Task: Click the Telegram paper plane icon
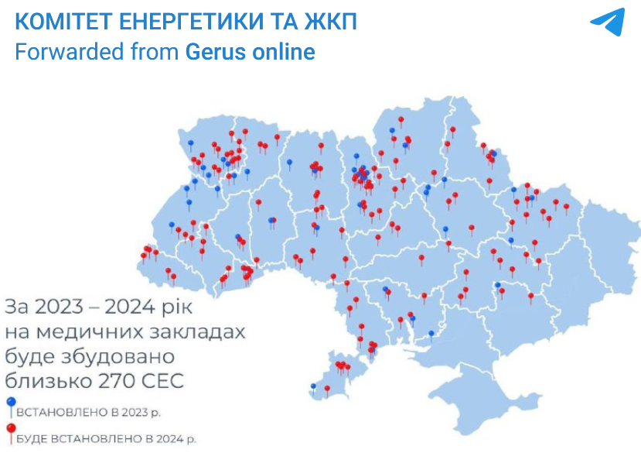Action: click(x=607, y=22)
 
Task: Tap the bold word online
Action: click(x=283, y=52)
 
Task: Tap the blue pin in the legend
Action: click(x=10, y=403)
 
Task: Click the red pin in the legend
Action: click(x=10, y=430)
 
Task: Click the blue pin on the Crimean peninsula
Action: click(x=313, y=386)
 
